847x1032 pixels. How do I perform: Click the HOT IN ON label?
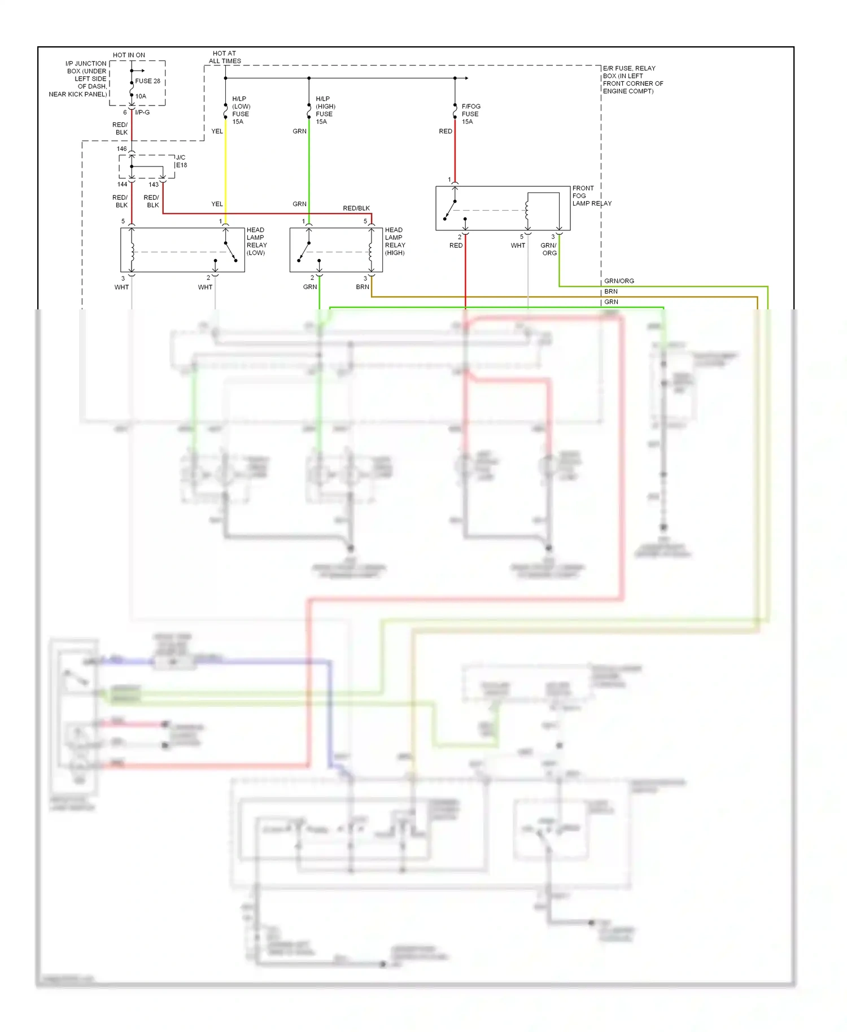click(129, 55)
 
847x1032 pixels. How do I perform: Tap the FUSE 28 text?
click(147, 81)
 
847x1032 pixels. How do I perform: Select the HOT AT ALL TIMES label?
click(225, 57)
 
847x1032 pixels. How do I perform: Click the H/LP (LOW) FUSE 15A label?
click(241, 110)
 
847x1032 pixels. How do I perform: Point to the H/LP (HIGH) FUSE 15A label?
click(325, 110)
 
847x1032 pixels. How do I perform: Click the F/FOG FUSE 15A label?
click(470, 113)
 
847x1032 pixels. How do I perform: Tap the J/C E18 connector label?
click(181, 161)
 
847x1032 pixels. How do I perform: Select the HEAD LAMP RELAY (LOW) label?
click(256, 241)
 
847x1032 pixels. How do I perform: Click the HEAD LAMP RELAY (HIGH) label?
click(395, 241)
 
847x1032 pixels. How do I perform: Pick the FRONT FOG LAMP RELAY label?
click(591, 196)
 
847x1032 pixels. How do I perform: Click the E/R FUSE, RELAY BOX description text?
click(632, 80)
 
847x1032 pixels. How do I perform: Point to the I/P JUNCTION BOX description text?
click(79, 79)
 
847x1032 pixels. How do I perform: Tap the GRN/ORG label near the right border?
click(619, 281)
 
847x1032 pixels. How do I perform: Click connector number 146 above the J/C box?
click(122, 149)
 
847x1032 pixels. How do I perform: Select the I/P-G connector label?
click(142, 112)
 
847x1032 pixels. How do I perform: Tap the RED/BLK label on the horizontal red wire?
click(356, 208)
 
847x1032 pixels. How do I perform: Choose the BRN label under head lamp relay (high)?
click(362, 287)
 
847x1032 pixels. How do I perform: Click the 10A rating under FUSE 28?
click(141, 96)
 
